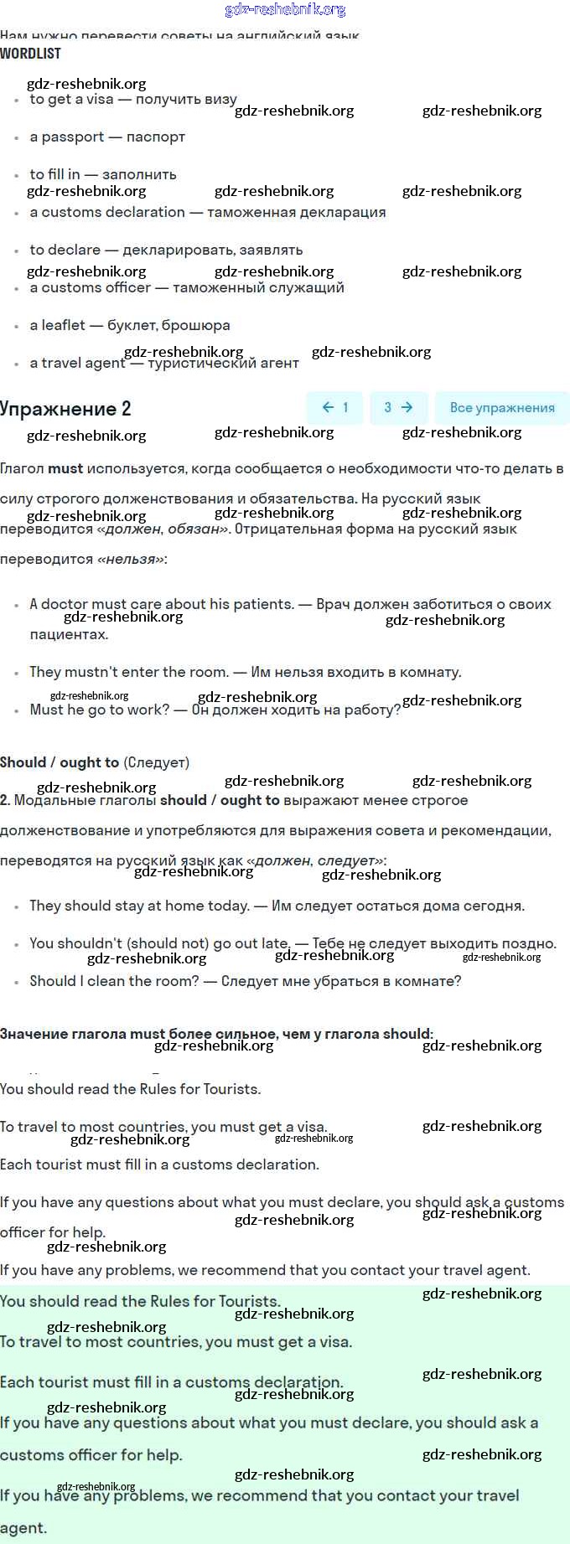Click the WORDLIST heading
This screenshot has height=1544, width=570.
30,54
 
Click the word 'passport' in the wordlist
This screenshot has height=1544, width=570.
73,137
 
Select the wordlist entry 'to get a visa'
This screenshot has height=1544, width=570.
71,99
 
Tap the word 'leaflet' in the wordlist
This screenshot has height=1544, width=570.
63,325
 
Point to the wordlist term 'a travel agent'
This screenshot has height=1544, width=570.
77,363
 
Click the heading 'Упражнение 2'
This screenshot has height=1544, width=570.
65,409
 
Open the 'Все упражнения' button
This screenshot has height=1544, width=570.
501,408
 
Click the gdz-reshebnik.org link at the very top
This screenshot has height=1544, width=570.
285,9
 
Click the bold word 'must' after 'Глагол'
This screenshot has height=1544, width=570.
65,468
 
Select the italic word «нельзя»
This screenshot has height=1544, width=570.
131,559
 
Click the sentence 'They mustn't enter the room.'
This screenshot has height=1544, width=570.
128,672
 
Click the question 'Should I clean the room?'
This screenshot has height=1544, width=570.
114,981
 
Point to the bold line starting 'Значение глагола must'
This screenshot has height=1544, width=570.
216,1034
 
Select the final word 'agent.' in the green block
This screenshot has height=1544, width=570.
23,1527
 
